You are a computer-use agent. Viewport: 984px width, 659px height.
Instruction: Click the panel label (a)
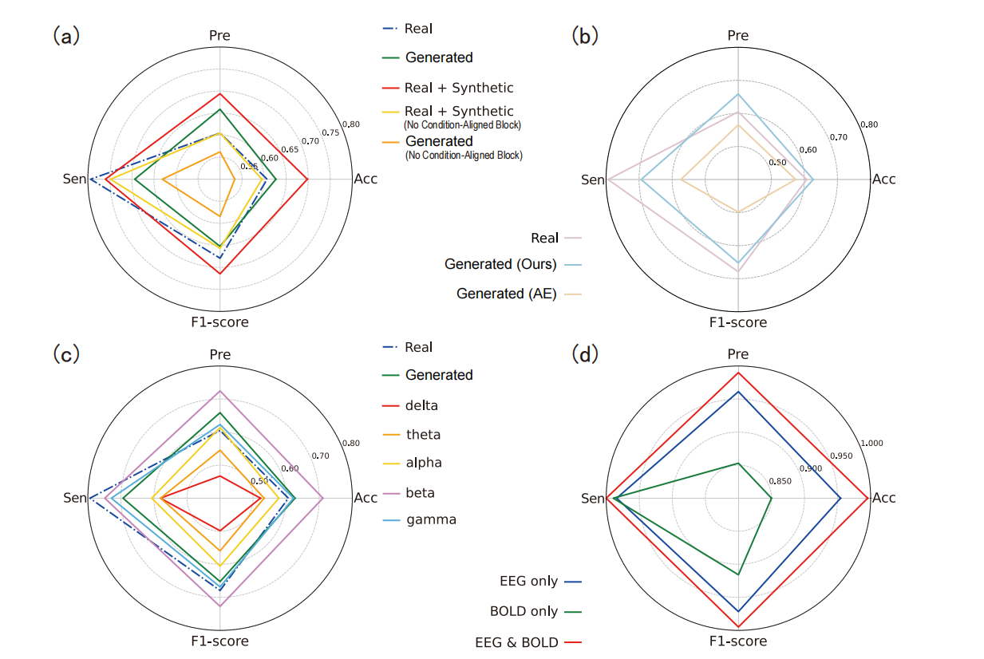(x=66, y=36)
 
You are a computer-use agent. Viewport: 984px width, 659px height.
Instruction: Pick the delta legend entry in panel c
(x=422, y=405)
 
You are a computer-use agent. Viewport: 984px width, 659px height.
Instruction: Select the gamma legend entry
(x=431, y=519)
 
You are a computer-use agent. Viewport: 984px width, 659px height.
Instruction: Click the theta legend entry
(x=423, y=435)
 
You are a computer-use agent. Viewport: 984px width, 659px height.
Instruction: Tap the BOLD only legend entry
(x=524, y=612)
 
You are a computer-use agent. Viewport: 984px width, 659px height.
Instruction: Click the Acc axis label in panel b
(x=883, y=180)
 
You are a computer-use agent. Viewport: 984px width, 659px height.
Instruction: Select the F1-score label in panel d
(x=738, y=641)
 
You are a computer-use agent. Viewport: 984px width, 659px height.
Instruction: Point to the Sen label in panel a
(x=74, y=179)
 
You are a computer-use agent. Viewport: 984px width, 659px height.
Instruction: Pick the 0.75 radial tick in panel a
(x=331, y=132)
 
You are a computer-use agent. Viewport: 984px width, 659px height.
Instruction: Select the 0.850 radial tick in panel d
(x=779, y=480)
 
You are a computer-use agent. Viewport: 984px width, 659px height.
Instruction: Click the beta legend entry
(x=421, y=492)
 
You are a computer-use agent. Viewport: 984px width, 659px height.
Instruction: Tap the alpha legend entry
(x=424, y=463)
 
